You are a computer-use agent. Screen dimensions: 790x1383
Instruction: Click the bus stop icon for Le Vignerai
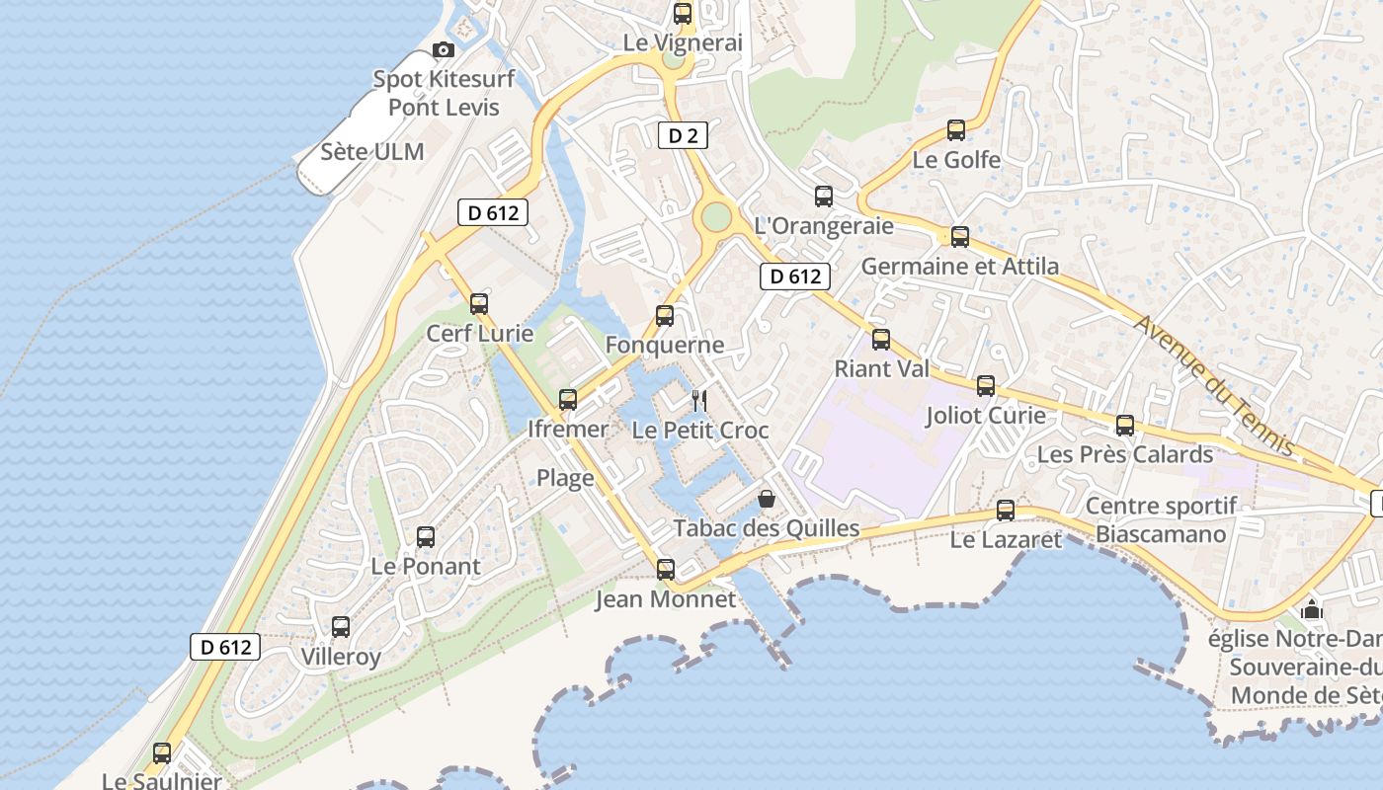coord(683,14)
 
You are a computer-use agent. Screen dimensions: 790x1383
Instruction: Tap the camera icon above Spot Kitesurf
coord(444,49)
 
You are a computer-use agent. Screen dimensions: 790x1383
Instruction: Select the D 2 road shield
coord(684,136)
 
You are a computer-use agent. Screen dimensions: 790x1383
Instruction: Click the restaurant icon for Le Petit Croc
coord(699,400)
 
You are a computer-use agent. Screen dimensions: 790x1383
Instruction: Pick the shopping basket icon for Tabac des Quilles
coord(766,500)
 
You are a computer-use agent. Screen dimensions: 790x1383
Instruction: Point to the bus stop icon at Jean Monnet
coord(666,570)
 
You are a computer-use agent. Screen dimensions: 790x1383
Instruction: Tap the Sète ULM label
coord(372,152)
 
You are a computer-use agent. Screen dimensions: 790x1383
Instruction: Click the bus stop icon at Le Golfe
coord(956,129)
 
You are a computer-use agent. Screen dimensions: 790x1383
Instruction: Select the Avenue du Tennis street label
coord(1214,385)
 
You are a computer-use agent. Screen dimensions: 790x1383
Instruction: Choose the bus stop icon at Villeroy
coord(341,627)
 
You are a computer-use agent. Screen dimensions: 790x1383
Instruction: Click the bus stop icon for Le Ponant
coord(426,537)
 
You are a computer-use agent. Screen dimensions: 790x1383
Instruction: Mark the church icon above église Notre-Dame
coord(1312,609)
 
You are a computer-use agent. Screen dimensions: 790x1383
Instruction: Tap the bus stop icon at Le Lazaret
coord(1006,511)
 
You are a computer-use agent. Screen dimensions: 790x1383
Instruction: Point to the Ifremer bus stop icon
coord(568,400)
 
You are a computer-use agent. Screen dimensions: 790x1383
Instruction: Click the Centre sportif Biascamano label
coord(1161,520)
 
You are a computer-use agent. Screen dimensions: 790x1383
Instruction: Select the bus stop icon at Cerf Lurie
coord(479,304)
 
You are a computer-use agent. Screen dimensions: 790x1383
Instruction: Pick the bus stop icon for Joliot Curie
coord(986,386)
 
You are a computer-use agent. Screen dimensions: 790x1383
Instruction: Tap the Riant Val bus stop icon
coord(881,340)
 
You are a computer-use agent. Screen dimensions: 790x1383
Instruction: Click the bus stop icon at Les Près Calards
coord(1125,426)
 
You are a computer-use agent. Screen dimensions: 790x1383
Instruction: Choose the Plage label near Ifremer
coord(565,479)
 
